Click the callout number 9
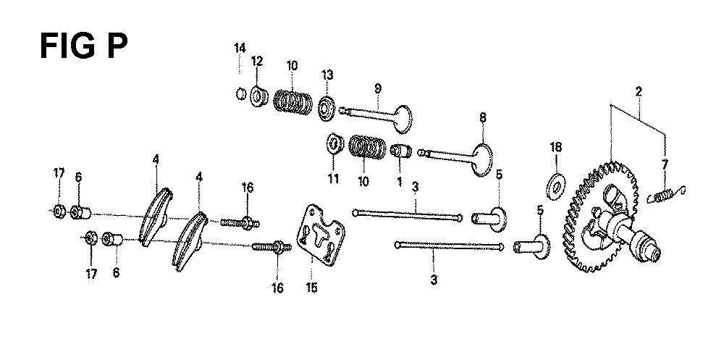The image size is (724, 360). tap(377, 87)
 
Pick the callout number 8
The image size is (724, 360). tap(483, 116)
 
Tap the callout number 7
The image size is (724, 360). tap(665, 164)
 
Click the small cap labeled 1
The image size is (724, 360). tap(400, 154)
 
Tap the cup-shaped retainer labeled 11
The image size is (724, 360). tap(334, 144)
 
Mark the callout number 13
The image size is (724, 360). tap(327, 75)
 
